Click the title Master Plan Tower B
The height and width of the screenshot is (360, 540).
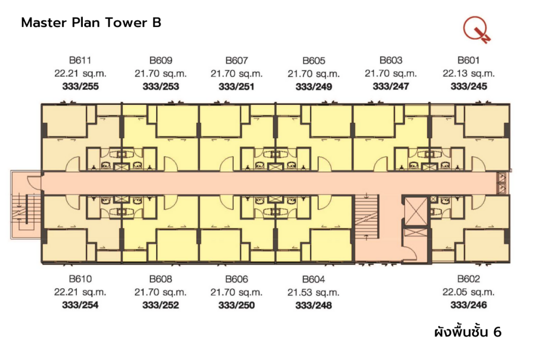[x=91, y=23]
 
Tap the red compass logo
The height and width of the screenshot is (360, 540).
[x=477, y=30]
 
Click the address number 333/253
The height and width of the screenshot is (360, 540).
[x=161, y=86]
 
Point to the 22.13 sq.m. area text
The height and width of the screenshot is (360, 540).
[x=468, y=73]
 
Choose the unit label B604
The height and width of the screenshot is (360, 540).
[x=314, y=279]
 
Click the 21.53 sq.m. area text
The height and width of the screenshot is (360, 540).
[x=314, y=292]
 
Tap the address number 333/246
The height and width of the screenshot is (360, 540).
[x=468, y=305]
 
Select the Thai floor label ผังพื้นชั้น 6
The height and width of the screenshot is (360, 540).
[x=467, y=332]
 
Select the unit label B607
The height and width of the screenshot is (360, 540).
[x=236, y=60]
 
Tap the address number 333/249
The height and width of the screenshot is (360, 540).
[x=314, y=86]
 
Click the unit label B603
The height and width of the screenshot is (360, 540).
[x=391, y=60]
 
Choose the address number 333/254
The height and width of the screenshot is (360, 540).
[x=80, y=305]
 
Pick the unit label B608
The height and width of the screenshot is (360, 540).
[x=161, y=279]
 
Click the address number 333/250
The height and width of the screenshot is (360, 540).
[x=236, y=305]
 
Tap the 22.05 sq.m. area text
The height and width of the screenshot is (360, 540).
[x=468, y=292]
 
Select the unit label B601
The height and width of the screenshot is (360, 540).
[x=468, y=60]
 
